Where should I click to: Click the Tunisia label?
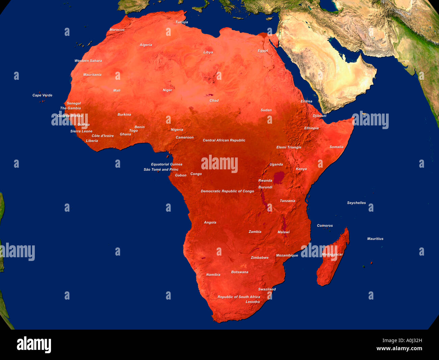(x=182, y=22)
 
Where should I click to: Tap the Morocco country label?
(x=117, y=30)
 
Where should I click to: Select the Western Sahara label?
(x=88, y=61)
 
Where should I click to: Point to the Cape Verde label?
(x=42, y=95)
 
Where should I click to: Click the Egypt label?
(x=263, y=51)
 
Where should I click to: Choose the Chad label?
(x=214, y=101)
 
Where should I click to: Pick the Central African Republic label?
(x=224, y=140)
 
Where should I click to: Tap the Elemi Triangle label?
(x=289, y=147)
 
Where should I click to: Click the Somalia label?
(x=336, y=147)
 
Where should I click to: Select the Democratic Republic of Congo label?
(x=227, y=191)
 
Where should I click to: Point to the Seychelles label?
(x=356, y=203)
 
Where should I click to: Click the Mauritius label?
(x=375, y=239)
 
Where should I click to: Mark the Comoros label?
(x=325, y=225)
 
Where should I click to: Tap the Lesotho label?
(x=253, y=302)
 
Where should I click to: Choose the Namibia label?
(x=213, y=275)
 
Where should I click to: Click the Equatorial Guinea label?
(x=166, y=164)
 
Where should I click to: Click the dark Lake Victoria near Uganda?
(x=279, y=177)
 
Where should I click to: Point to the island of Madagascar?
(x=333, y=260)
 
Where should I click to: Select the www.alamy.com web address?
(x=399, y=349)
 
